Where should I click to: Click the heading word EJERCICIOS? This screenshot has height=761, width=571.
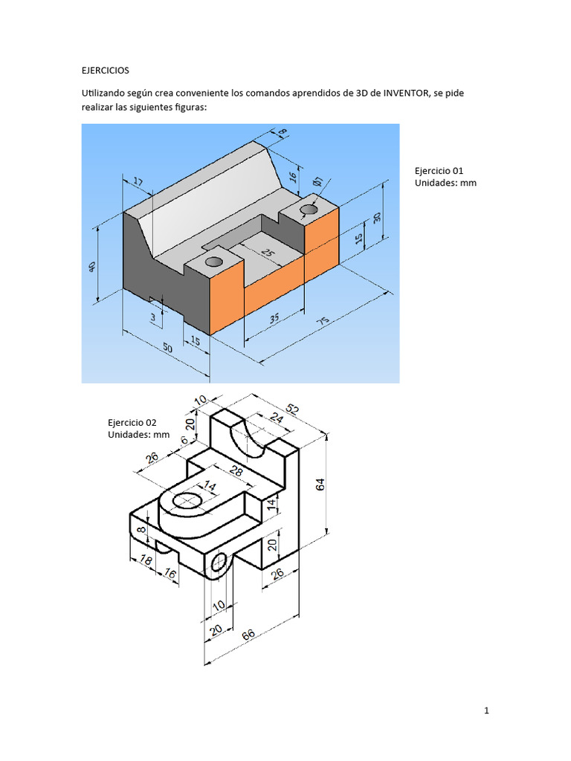pos(105,70)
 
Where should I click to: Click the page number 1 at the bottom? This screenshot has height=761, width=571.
pos(486,711)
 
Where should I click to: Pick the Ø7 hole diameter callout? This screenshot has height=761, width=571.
pos(317,181)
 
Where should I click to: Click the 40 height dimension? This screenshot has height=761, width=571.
pos(92,268)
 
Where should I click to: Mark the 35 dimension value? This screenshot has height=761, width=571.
pos(274,319)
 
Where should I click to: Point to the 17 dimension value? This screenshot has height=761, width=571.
pos(138,182)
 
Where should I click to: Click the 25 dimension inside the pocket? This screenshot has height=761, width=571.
pos(267,253)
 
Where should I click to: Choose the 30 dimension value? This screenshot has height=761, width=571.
pos(377,217)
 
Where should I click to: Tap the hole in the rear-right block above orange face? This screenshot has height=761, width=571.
pos(309,210)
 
